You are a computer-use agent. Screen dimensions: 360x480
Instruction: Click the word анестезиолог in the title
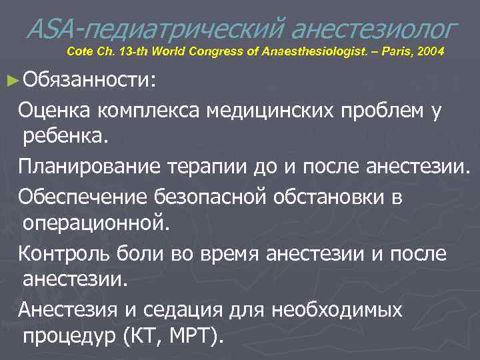pyautogui.click(x=374, y=27)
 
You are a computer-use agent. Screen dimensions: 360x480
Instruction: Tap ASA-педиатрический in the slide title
pyautogui.click(x=154, y=27)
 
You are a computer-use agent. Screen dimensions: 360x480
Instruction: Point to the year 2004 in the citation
pyautogui.click(x=427, y=52)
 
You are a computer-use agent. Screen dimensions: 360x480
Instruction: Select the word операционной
pyautogui.click(x=96, y=222)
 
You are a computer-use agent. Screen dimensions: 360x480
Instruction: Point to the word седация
pyautogui.click(x=199, y=311)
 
